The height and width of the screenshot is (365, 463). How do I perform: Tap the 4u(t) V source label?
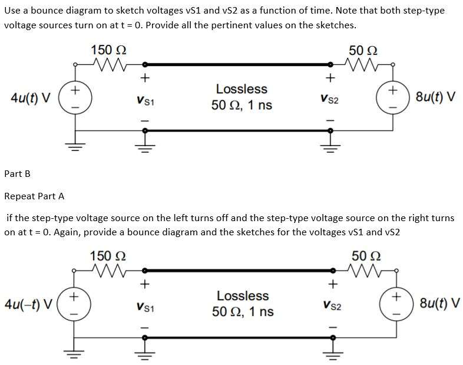28,97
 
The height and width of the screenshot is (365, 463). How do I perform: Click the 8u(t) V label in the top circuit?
435,97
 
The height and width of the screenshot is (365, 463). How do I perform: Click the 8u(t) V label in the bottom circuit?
435,304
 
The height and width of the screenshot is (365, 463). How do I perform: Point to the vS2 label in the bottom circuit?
330,306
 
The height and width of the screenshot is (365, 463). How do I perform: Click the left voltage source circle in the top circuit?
74,97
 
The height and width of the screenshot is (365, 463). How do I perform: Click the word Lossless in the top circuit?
242,89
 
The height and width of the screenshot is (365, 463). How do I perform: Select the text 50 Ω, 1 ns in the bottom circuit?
243,311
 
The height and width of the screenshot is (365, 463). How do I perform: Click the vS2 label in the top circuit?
330,101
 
